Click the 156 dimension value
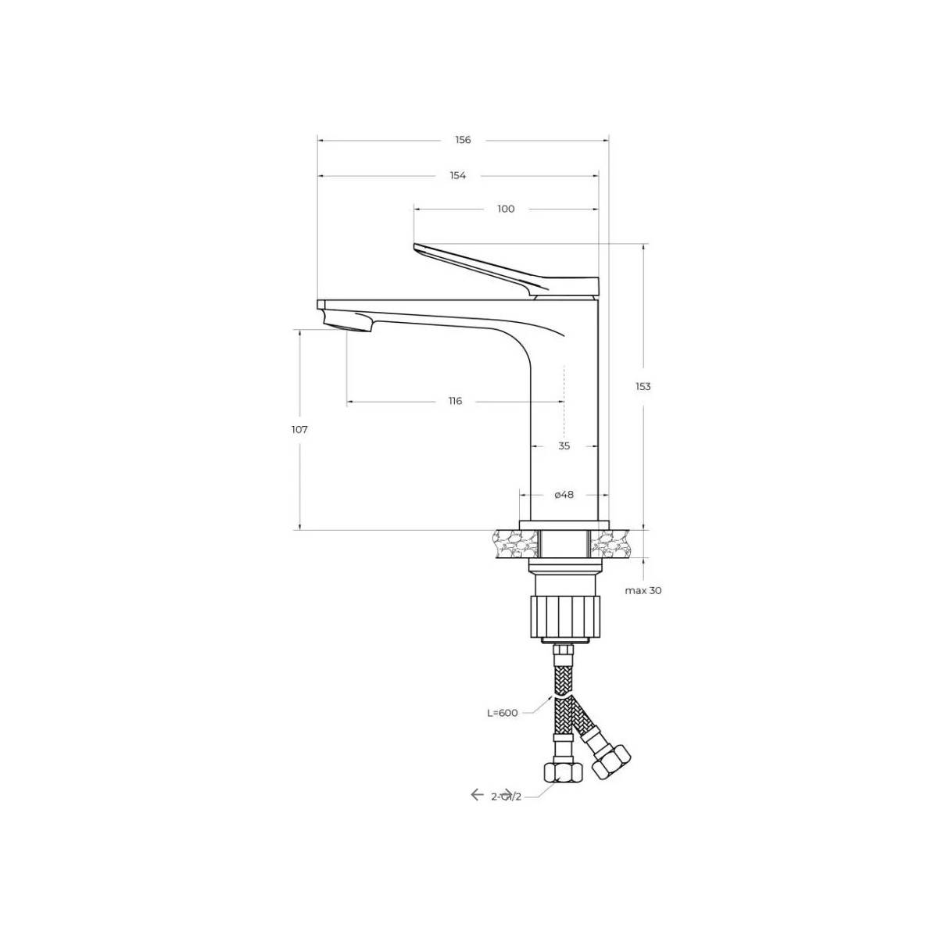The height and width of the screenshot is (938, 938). pos(463,140)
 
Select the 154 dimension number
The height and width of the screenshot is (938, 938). pos(457,175)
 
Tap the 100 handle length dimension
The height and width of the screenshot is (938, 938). pos(506,209)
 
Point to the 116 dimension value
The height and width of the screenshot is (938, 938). pos(455,401)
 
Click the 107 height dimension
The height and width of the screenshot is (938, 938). pos(299,430)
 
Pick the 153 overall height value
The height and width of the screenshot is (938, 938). pos(643,386)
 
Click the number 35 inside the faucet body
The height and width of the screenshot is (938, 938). pos(564,446)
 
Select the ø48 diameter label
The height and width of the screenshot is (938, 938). pos(564,495)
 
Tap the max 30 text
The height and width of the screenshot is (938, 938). pos(643,590)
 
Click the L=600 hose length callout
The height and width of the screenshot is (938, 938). pos(503,713)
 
